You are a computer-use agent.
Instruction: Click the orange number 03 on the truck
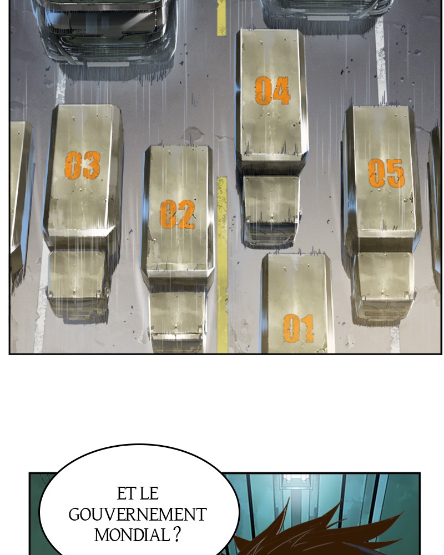tap(83, 165)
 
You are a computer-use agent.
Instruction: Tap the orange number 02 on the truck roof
tap(178, 214)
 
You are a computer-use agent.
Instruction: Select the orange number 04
tap(273, 90)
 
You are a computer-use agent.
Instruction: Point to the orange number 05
tap(386, 173)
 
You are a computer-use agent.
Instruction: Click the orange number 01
tap(299, 329)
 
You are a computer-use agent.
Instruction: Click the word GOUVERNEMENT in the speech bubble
tap(138, 514)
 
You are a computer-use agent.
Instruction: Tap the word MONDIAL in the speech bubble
tap(132, 535)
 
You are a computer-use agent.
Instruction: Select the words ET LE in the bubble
tap(138, 494)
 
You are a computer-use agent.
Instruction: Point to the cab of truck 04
tap(271, 211)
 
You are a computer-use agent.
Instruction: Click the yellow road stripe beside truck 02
tap(222, 265)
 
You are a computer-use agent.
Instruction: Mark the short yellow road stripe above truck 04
tap(221, 18)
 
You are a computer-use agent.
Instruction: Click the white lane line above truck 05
tap(381, 60)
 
